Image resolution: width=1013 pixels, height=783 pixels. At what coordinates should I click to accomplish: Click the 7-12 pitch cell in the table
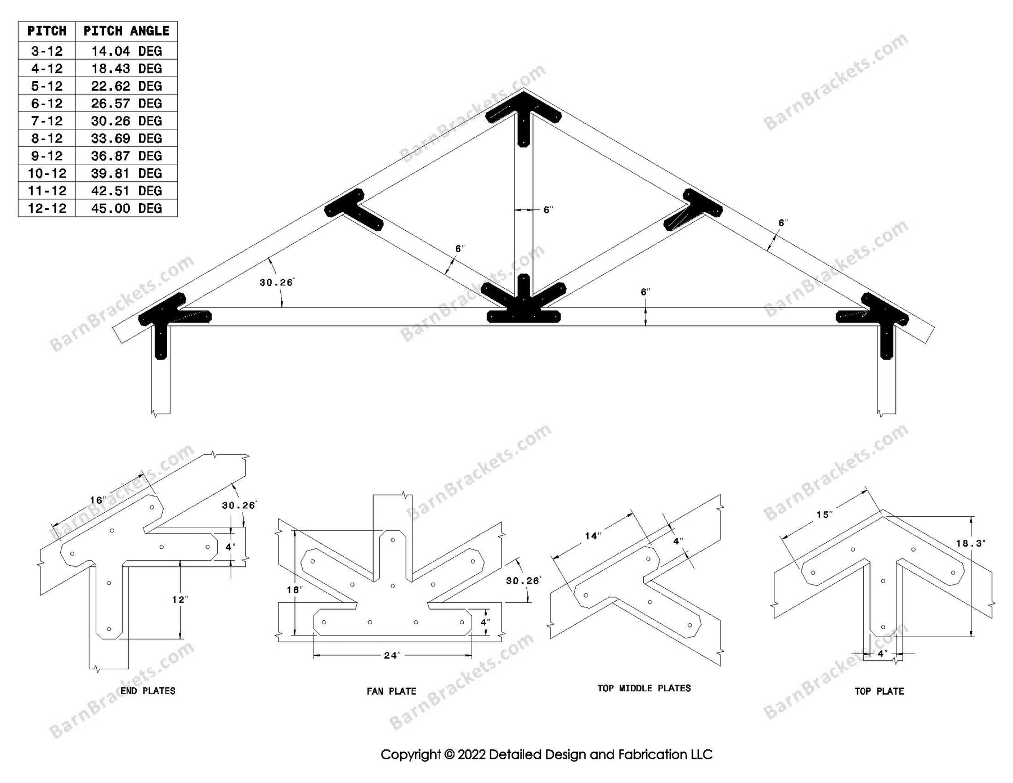pyautogui.click(x=47, y=121)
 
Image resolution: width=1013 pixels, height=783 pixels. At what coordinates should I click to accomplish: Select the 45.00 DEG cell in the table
pyautogui.click(x=126, y=208)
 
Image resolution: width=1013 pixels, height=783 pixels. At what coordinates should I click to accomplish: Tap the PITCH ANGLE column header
pyautogui.click(x=126, y=31)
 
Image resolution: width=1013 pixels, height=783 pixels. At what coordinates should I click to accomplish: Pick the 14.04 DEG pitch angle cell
pyautogui.click(x=126, y=51)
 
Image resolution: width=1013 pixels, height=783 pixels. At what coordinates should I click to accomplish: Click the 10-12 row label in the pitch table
pyautogui.click(x=47, y=173)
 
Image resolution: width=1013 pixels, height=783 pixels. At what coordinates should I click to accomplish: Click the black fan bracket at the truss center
pyautogui.click(x=523, y=307)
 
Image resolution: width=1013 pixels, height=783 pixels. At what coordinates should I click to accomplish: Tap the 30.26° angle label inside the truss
pyautogui.click(x=276, y=283)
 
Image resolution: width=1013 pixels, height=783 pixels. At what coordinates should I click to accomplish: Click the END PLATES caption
pyautogui.click(x=148, y=691)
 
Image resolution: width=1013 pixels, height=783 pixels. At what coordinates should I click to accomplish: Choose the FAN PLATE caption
pyautogui.click(x=391, y=691)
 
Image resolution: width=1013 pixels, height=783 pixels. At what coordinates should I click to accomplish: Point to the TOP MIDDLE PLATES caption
pyautogui.click(x=644, y=688)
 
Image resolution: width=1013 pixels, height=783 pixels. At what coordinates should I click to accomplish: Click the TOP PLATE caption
pyautogui.click(x=879, y=691)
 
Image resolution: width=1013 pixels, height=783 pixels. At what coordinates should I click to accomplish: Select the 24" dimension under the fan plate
pyautogui.click(x=392, y=656)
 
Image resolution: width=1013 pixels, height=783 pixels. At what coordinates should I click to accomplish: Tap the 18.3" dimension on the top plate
pyautogui.click(x=970, y=544)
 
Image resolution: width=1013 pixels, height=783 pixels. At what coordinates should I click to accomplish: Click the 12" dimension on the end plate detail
pyautogui.click(x=179, y=599)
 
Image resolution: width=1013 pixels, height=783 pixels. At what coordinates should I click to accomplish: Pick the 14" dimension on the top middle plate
pyautogui.click(x=593, y=536)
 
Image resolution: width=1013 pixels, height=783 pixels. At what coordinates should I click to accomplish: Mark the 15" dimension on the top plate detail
pyautogui.click(x=824, y=515)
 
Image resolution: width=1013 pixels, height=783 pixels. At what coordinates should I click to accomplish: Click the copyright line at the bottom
pyautogui.click(x=546, y=755)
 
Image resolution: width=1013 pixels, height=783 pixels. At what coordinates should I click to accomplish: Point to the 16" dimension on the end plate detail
pyautogui.click(x=97, y=500)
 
